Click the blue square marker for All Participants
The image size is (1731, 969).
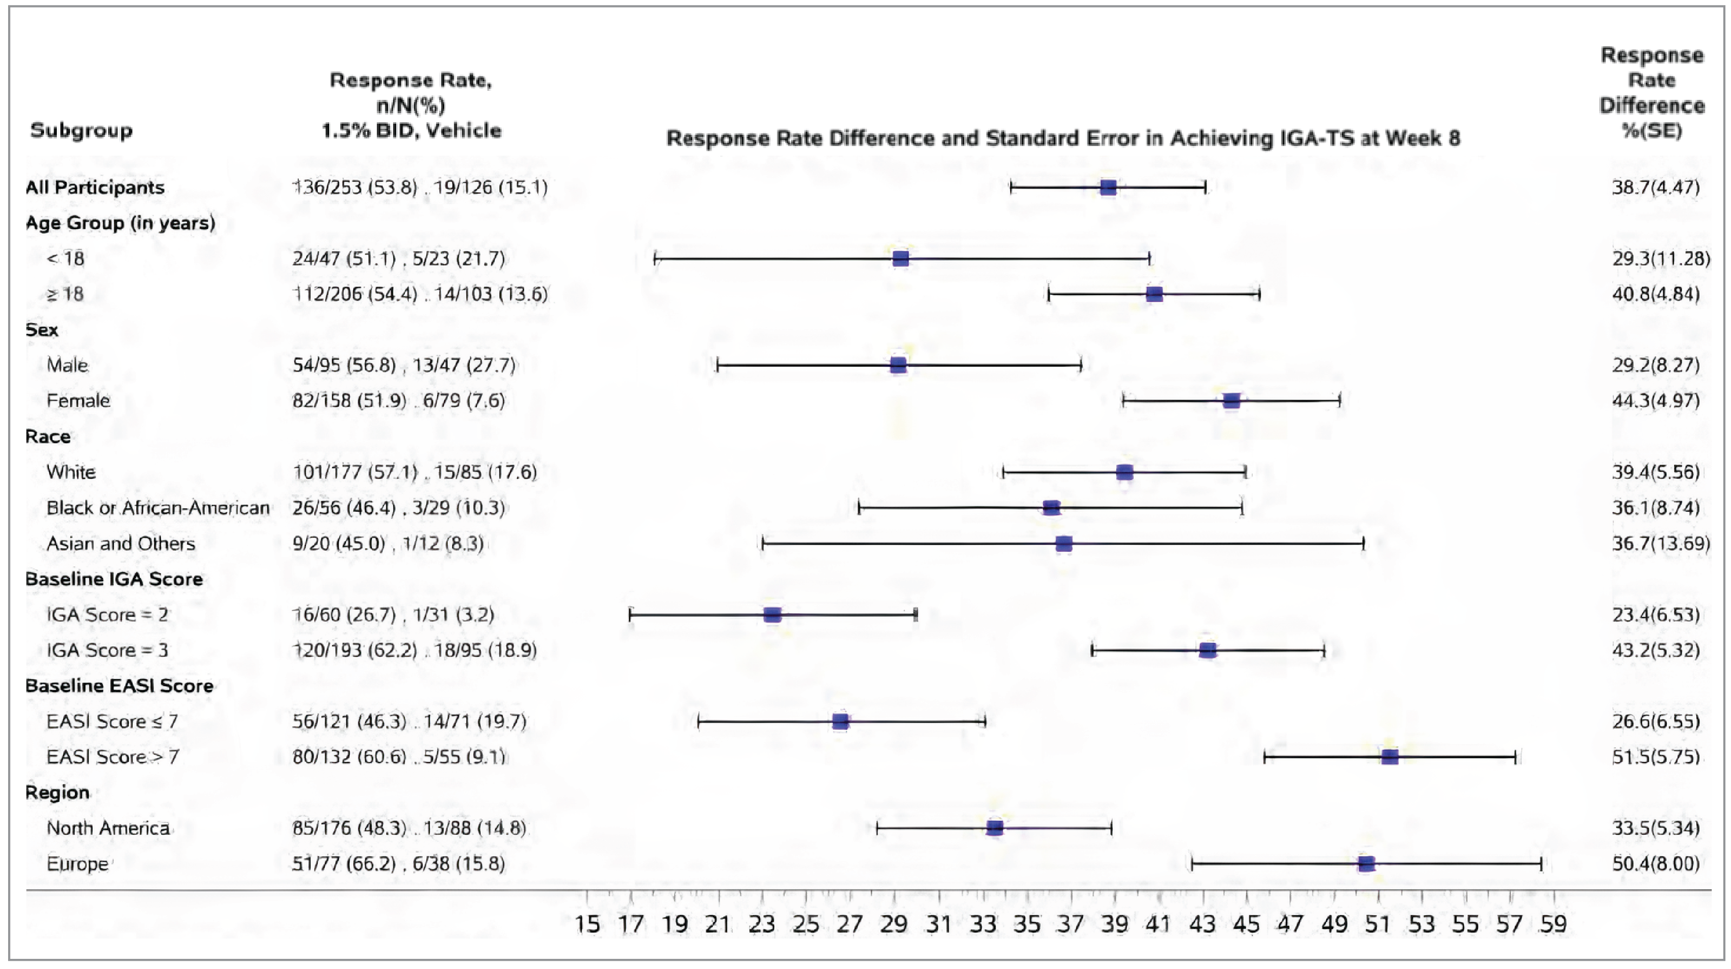1108,188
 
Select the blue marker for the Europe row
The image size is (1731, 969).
1365,864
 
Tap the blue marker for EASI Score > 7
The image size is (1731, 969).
1390,757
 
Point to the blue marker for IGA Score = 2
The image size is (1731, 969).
772,614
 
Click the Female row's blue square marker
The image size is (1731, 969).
1231,401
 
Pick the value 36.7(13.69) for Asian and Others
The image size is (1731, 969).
1661,543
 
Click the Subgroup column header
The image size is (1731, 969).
81,130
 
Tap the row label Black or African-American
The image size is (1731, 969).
158,508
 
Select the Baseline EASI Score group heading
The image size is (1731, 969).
119,686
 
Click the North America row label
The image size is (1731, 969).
108,828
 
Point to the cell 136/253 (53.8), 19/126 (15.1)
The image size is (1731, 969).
420,188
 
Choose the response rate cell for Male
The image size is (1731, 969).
404,365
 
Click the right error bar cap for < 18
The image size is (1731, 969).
1149,259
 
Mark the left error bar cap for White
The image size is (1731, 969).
1003,472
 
